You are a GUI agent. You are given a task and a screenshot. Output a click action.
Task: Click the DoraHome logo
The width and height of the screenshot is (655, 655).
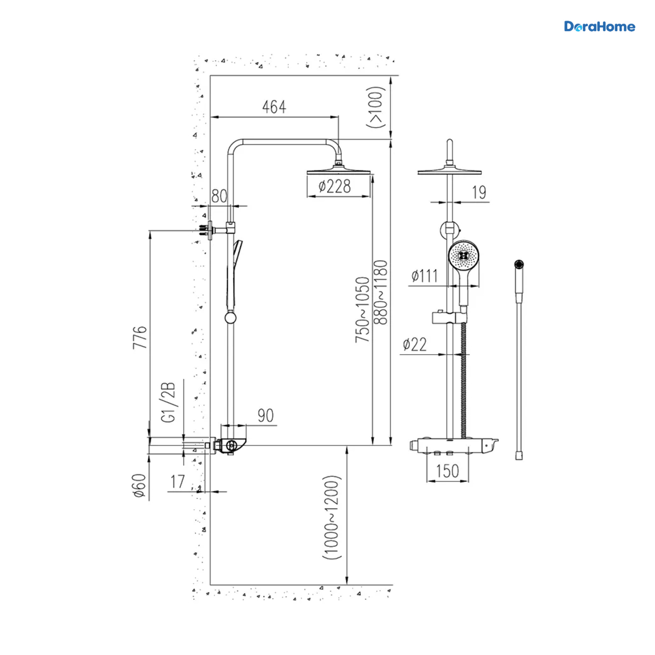(599, 27)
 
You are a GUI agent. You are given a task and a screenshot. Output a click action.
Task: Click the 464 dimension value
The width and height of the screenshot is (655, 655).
(274, 107)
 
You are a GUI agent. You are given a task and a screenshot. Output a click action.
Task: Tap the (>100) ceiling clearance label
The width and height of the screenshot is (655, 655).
(376, 107)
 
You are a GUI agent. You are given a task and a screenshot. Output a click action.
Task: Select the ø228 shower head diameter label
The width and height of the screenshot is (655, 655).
(335, 186)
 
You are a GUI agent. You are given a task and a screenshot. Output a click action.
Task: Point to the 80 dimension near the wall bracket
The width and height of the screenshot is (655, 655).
(219, 196)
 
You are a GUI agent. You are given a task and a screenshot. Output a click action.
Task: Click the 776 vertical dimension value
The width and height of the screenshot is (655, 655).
(140, 337)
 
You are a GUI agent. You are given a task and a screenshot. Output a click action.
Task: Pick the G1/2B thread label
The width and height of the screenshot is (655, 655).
(168, 403)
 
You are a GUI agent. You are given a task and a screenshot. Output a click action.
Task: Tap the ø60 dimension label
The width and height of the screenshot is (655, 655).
(140, 486)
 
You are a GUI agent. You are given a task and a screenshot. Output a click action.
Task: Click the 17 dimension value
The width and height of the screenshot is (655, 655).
(178, 481)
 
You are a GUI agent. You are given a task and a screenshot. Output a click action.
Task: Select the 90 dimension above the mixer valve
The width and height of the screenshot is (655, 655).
(265, 415)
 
